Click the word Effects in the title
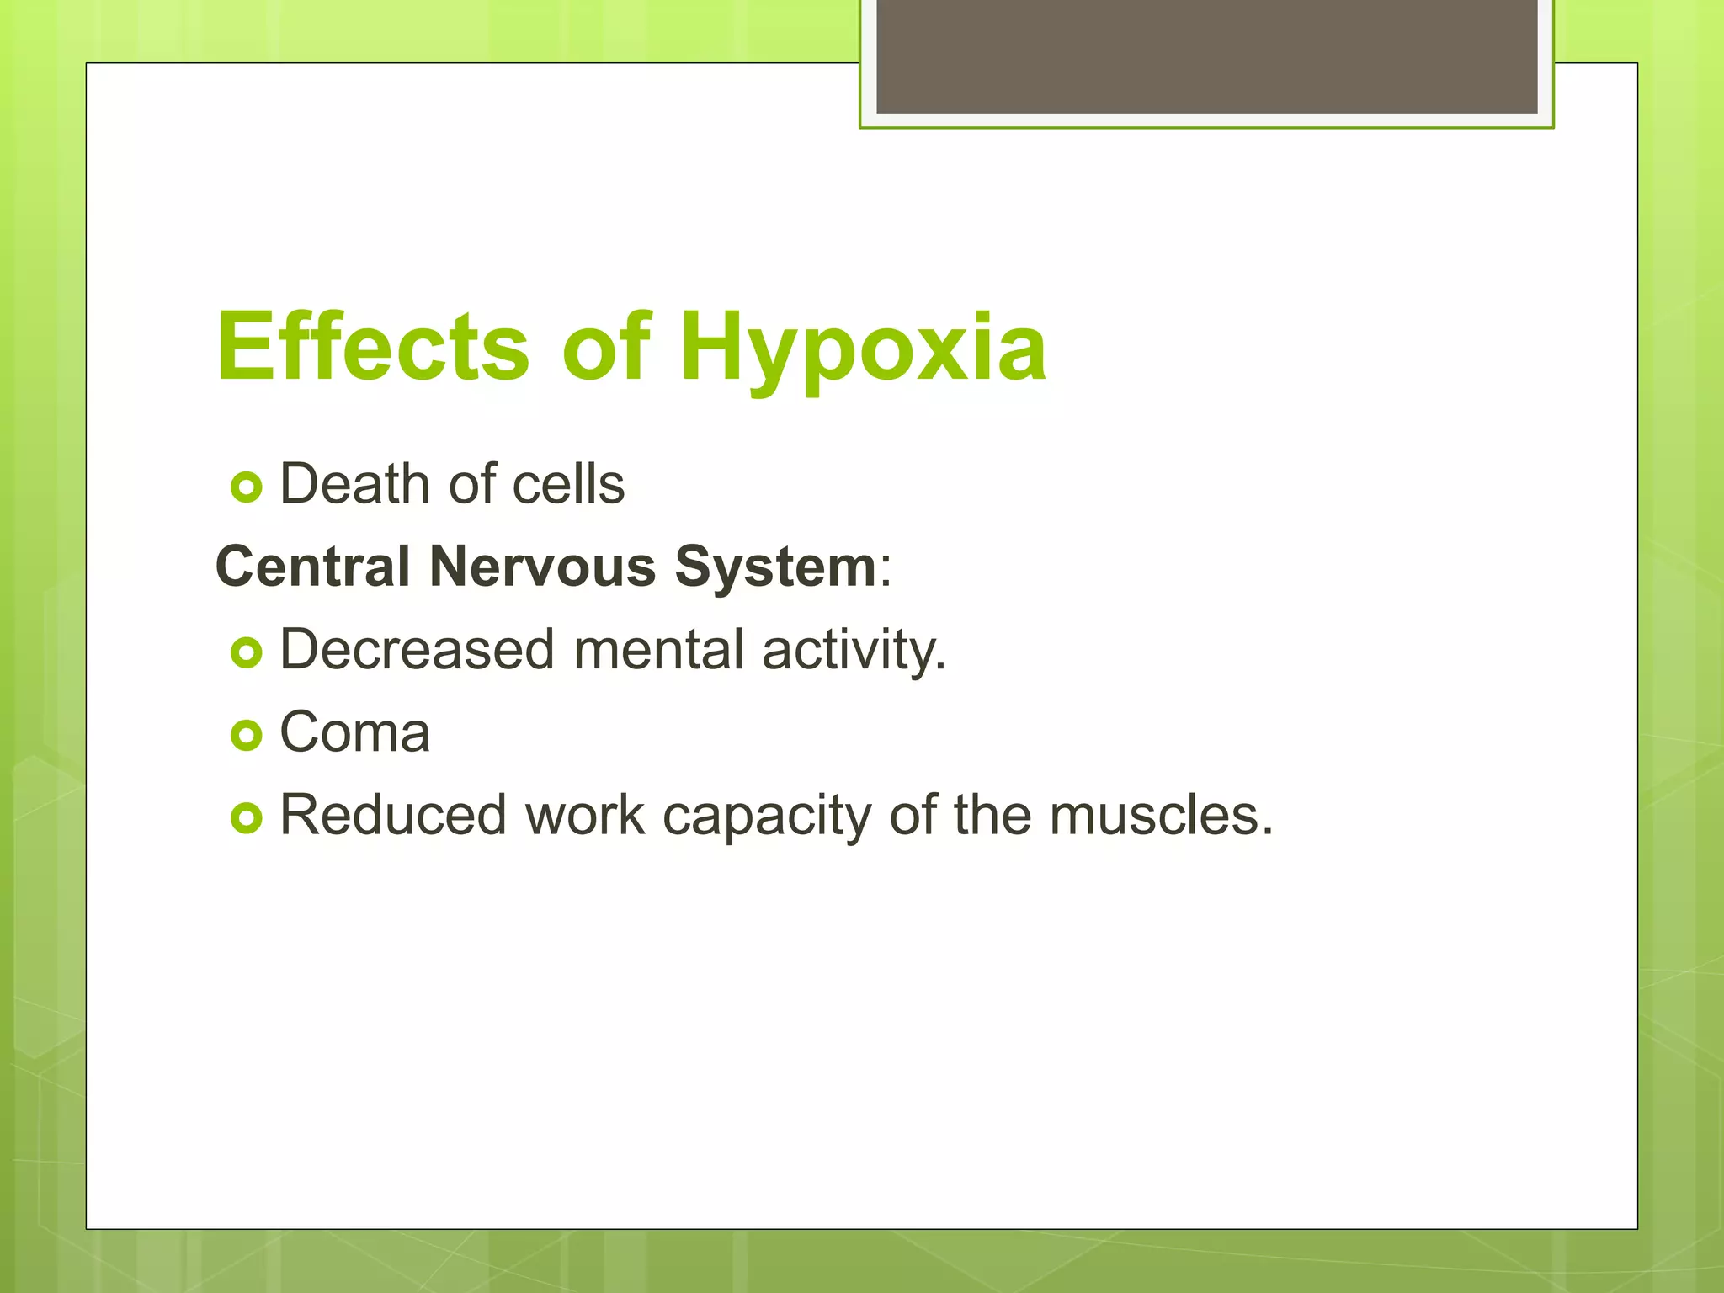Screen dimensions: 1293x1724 pyautogui.click(x=373, y=347)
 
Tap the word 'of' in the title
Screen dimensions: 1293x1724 pyautogui.click(x=605, y=347)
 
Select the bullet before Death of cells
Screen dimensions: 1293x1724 pyautogui.click(x=247, y=487)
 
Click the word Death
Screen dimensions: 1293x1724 pyautogui.click(x=354, y=484)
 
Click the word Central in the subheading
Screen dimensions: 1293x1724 pyautogui.click(x=313, y=566)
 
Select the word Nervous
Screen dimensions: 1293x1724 pyautogui.click(x=542, y=566)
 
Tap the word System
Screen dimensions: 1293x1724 pyautogui.click(x=775, y=566)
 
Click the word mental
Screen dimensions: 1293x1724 pyautogui.click(x=659, y=650)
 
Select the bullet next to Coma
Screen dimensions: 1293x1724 pyautogui.click(x=247, y=735)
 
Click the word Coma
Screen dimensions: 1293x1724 pyautogui.click(x=354, y=732)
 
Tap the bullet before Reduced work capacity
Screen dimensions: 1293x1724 pyautogui.click(x=247, y=817)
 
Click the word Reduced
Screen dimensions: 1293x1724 pyautogui.click(x=393, y=815)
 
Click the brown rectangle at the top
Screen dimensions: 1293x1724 pyautogui.click(x=1206, y=56)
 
